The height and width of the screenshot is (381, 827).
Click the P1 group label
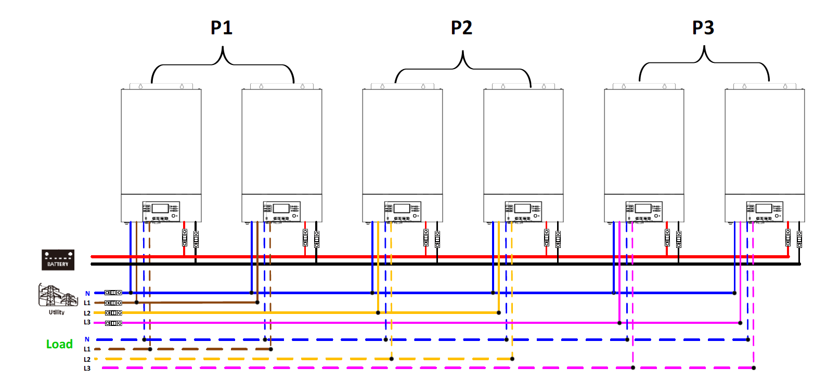point(222,28)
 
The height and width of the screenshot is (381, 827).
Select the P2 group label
point(461,28)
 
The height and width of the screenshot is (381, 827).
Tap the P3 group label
point(703,28)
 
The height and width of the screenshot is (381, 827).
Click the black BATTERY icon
point(58,260)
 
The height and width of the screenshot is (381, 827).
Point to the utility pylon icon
point(58,295)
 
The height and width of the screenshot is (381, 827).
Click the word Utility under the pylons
point(57,312)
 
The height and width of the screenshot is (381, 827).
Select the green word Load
point(59,344)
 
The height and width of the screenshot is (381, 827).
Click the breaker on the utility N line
point(113,293)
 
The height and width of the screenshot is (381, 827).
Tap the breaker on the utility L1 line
point(113,303)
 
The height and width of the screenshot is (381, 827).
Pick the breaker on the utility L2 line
point(113,313)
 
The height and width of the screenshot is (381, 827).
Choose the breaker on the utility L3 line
point(113,323)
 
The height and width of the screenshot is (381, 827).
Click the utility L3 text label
point(87,322)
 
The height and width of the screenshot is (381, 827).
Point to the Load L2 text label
point(87,359)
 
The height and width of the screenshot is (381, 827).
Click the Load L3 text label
point(87,369)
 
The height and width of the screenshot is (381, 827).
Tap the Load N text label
point(87,339)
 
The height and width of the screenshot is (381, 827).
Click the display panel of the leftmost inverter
point(161,212)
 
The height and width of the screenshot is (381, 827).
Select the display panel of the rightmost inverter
point(765,212)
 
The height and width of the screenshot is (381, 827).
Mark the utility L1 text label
point(87,303)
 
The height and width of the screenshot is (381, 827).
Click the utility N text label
point(87,294)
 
